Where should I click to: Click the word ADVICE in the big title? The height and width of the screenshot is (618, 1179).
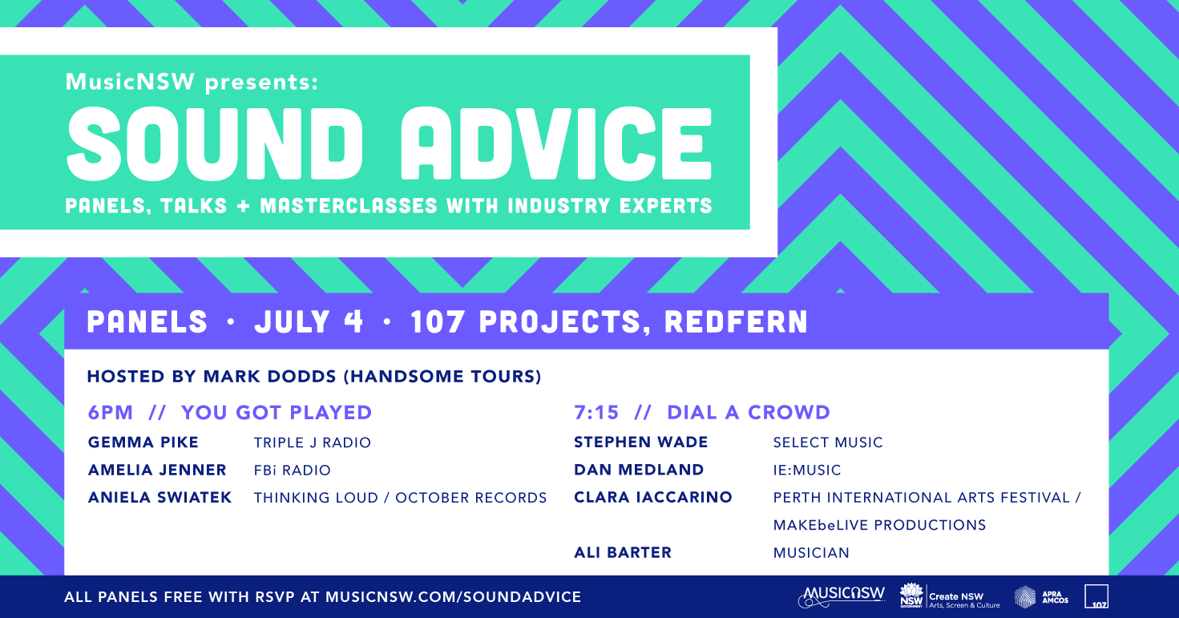(x=555, y=143)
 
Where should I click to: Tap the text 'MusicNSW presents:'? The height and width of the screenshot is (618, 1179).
(x=192, y=82)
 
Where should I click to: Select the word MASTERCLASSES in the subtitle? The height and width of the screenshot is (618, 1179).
(x=349, y=205)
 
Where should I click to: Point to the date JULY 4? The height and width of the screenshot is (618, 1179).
(x=309, y=321)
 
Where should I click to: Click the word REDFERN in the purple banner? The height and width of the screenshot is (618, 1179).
(x=736, y=321)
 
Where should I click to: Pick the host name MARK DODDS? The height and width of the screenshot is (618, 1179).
(x=269, y=377)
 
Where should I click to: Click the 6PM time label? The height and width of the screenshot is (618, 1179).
(x=111, y=412)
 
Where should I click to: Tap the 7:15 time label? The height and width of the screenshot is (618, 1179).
(x=596, y=412)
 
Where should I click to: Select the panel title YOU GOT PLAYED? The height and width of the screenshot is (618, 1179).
(x=277, y=412)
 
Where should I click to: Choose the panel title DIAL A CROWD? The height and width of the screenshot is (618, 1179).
(x=749, y=412)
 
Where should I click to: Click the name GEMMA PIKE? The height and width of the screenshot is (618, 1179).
(x=143, y=442)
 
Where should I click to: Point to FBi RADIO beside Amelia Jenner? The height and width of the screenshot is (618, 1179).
(x=292, y=470)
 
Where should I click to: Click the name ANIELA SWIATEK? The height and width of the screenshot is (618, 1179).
(x=160, y=498)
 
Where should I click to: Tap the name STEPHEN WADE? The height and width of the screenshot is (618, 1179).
(x=641, y=442)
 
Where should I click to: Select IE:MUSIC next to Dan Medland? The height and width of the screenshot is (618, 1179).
(x=807, y=470)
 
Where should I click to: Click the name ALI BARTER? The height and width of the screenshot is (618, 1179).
(x=623, y=553)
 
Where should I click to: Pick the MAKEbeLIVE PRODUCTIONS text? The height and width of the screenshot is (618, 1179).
(x=879, y=525)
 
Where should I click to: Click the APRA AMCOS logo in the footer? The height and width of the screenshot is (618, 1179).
(x=1041, y=597)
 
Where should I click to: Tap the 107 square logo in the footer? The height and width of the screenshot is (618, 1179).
(x=1096, y=596)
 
